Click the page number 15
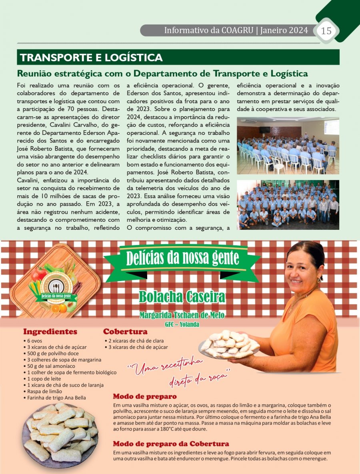326,30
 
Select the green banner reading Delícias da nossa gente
182,258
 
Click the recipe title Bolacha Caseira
182,297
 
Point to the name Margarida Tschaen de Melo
182,315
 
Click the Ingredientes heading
50,331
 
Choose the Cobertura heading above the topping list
125,331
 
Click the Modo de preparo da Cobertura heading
171,444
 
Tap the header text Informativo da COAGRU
208,30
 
